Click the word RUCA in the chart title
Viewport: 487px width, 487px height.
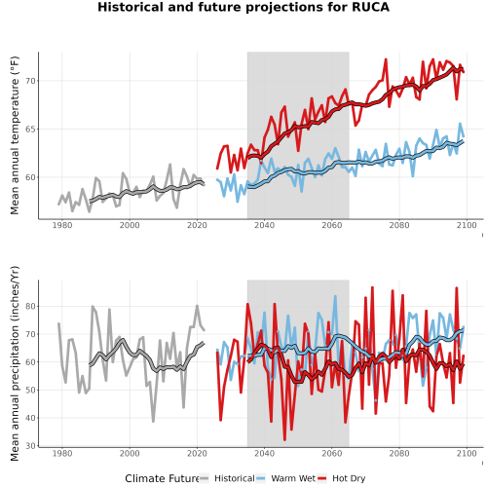pyautogui.click(x=370, y=7)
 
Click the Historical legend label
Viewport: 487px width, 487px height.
pyautogui.click(x=235, y=478)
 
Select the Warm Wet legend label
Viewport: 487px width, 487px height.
pyautogui.click(x=293, y=478)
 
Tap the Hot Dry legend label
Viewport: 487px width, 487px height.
pyautogui.click(x=349, y=478)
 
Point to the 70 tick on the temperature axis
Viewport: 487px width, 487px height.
pyautogui.click(x=30, y=81)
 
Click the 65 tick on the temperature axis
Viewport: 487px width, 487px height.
pyautogui.click(x=30, y=130)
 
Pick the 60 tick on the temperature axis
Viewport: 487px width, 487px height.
pyautogui.click(x=30, y=177)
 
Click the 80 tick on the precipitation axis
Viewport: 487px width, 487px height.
pyautogui.click(x=30, y=306)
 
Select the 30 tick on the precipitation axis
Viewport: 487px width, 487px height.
pyautogui.click(x=30, y=446)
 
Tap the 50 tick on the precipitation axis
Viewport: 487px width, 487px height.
pyautogui.click(x=30, y=390)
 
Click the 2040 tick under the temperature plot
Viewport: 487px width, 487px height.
pyautogui.click(x=264, y=225)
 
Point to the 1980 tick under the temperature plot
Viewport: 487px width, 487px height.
pyautogui.click(x=62, y=225)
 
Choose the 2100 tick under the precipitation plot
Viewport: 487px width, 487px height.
pyautogui.click(x=467, y=453)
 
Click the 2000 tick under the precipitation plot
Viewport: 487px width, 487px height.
pyautogui.click(x=130, y=453)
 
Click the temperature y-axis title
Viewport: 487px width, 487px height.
pyautogui.click(x=15, y=135)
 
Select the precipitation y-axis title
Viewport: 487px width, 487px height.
pyautogui.click(x=15, y=363)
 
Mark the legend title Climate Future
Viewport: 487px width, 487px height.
pyautogui.click(x=162, y=478)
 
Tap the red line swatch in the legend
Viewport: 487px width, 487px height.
pyautogui.click(x=321, y=478)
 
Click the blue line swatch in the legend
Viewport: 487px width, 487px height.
pyautogui.click(x=261, y=478)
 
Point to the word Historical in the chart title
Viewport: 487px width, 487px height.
pyautogui.click(x=131, y=7)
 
